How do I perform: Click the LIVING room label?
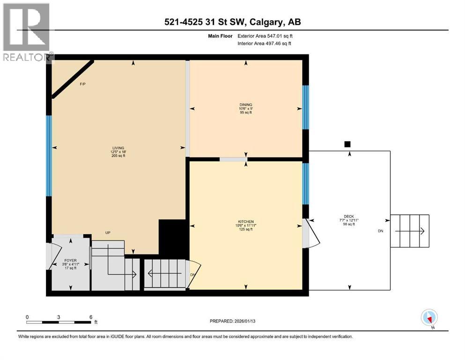click(118, 148)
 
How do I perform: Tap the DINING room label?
click(245, 105)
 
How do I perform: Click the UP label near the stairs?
click(107, 232)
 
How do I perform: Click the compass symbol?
click(429, 318)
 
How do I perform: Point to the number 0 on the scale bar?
click(28, 317)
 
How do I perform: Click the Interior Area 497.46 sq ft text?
click(265, 43)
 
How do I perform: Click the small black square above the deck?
click(347, 144)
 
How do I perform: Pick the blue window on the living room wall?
click(48, 155)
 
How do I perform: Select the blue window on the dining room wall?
click(305, 107)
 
